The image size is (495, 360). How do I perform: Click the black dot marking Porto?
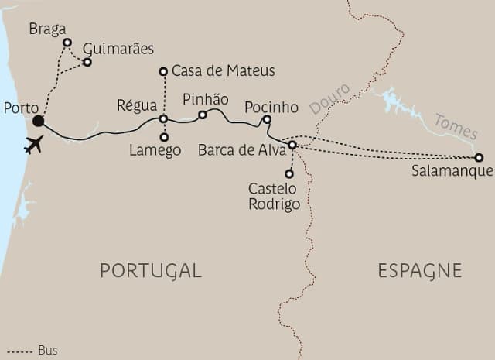(x=38, y=121)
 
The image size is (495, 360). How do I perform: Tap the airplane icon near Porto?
(x=33, y=144)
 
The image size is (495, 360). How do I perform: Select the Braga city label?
(x=46, y=29)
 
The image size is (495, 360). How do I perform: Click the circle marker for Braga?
(x=67, y=43)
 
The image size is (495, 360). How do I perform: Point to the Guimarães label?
(x=118, y=48)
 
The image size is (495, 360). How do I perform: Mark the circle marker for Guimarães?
(x=87, y=62)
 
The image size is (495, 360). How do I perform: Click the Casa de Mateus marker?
(x=163, y=72)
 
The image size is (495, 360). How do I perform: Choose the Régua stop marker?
(x=163, y=118)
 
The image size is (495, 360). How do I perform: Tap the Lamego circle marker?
(x=164, y=137)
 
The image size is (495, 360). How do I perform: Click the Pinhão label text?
(x=205, y=100)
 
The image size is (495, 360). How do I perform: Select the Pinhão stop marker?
(x=202, y=115)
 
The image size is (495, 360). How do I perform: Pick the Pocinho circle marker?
(x=267, y=119)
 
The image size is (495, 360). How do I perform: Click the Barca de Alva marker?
(x=292, y=145)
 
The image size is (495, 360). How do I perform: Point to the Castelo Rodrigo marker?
(x=289, y=173)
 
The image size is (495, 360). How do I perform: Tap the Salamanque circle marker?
(x=480, y=157)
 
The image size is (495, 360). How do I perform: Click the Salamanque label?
(x=452, y=172)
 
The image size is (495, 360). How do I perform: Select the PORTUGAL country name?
(x=151, y=270)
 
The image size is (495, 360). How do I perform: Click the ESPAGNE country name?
(x=419, y=270)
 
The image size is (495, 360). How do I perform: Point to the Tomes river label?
(x=456, y=127)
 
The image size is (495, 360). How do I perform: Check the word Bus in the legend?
(x=48, y=351)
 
